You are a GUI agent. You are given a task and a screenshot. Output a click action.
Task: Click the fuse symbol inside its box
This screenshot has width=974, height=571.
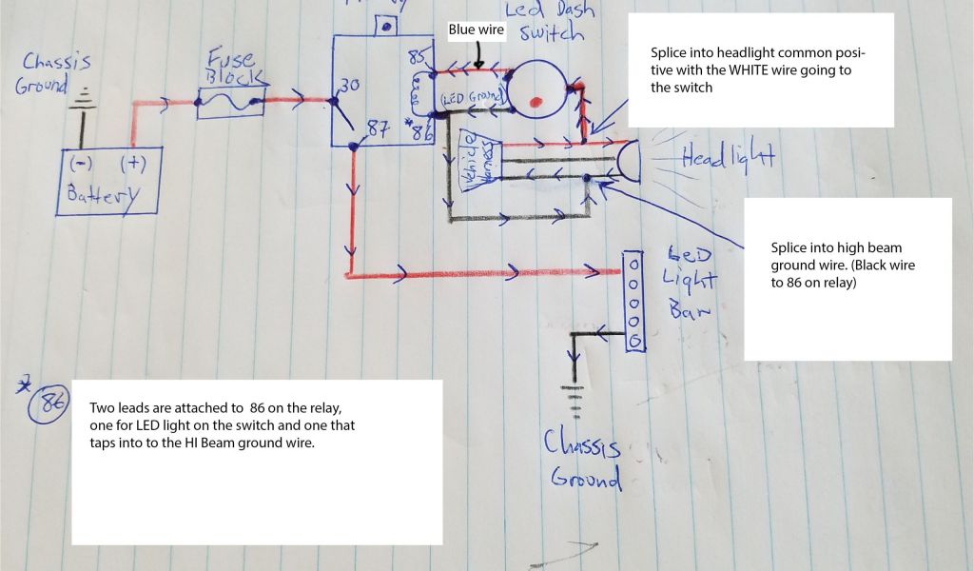(228, 103)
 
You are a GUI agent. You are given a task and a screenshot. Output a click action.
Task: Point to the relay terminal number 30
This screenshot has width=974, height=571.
(349, 86)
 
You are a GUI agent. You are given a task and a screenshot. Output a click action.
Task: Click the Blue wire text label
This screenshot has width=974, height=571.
(476, 30)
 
